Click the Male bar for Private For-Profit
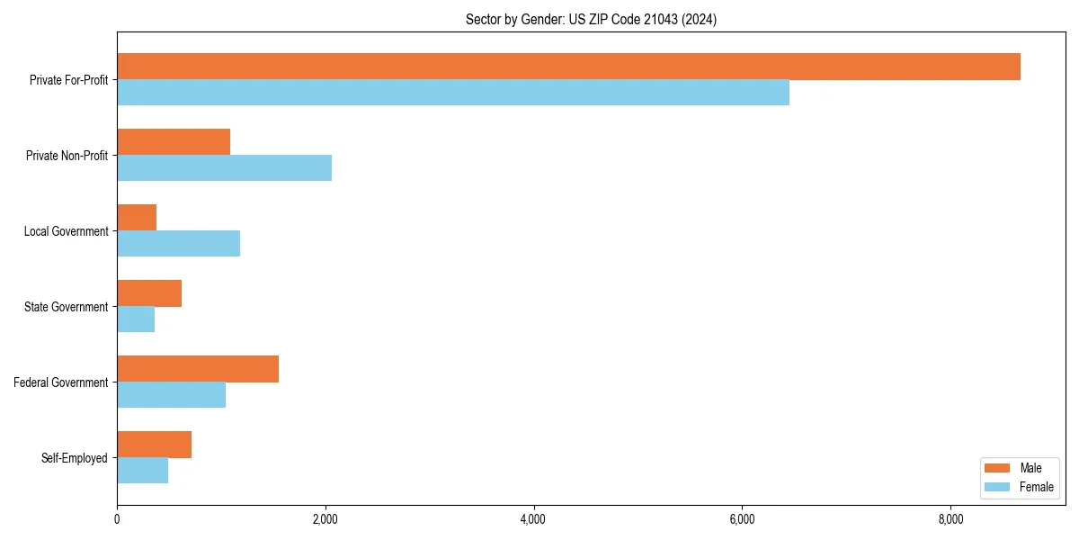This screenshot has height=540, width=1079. coord(568,67)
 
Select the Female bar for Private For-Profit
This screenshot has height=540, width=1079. coord(453,93)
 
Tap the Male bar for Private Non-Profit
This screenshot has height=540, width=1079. coord(174,142)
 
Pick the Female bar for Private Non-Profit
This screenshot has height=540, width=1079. coord(224,168)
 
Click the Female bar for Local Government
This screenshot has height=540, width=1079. coord(178,244)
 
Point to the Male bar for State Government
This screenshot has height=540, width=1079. coord(149,293)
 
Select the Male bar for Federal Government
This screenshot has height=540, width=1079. coord(198,369)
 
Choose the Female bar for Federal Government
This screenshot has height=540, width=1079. coord(171,395)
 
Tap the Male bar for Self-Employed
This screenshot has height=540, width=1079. coord(154,445)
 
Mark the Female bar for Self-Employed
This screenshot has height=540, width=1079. coord(142,471)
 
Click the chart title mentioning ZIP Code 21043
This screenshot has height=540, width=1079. coord(591,19)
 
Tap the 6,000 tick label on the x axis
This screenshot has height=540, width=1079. coord(742,519)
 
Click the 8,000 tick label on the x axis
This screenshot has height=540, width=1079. coord(950,519)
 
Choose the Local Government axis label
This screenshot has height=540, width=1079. coord(66,231)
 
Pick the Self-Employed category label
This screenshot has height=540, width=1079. coord(74,458)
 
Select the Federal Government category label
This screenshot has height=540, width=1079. coord(60,382)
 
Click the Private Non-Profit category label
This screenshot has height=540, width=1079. coord(67,156)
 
